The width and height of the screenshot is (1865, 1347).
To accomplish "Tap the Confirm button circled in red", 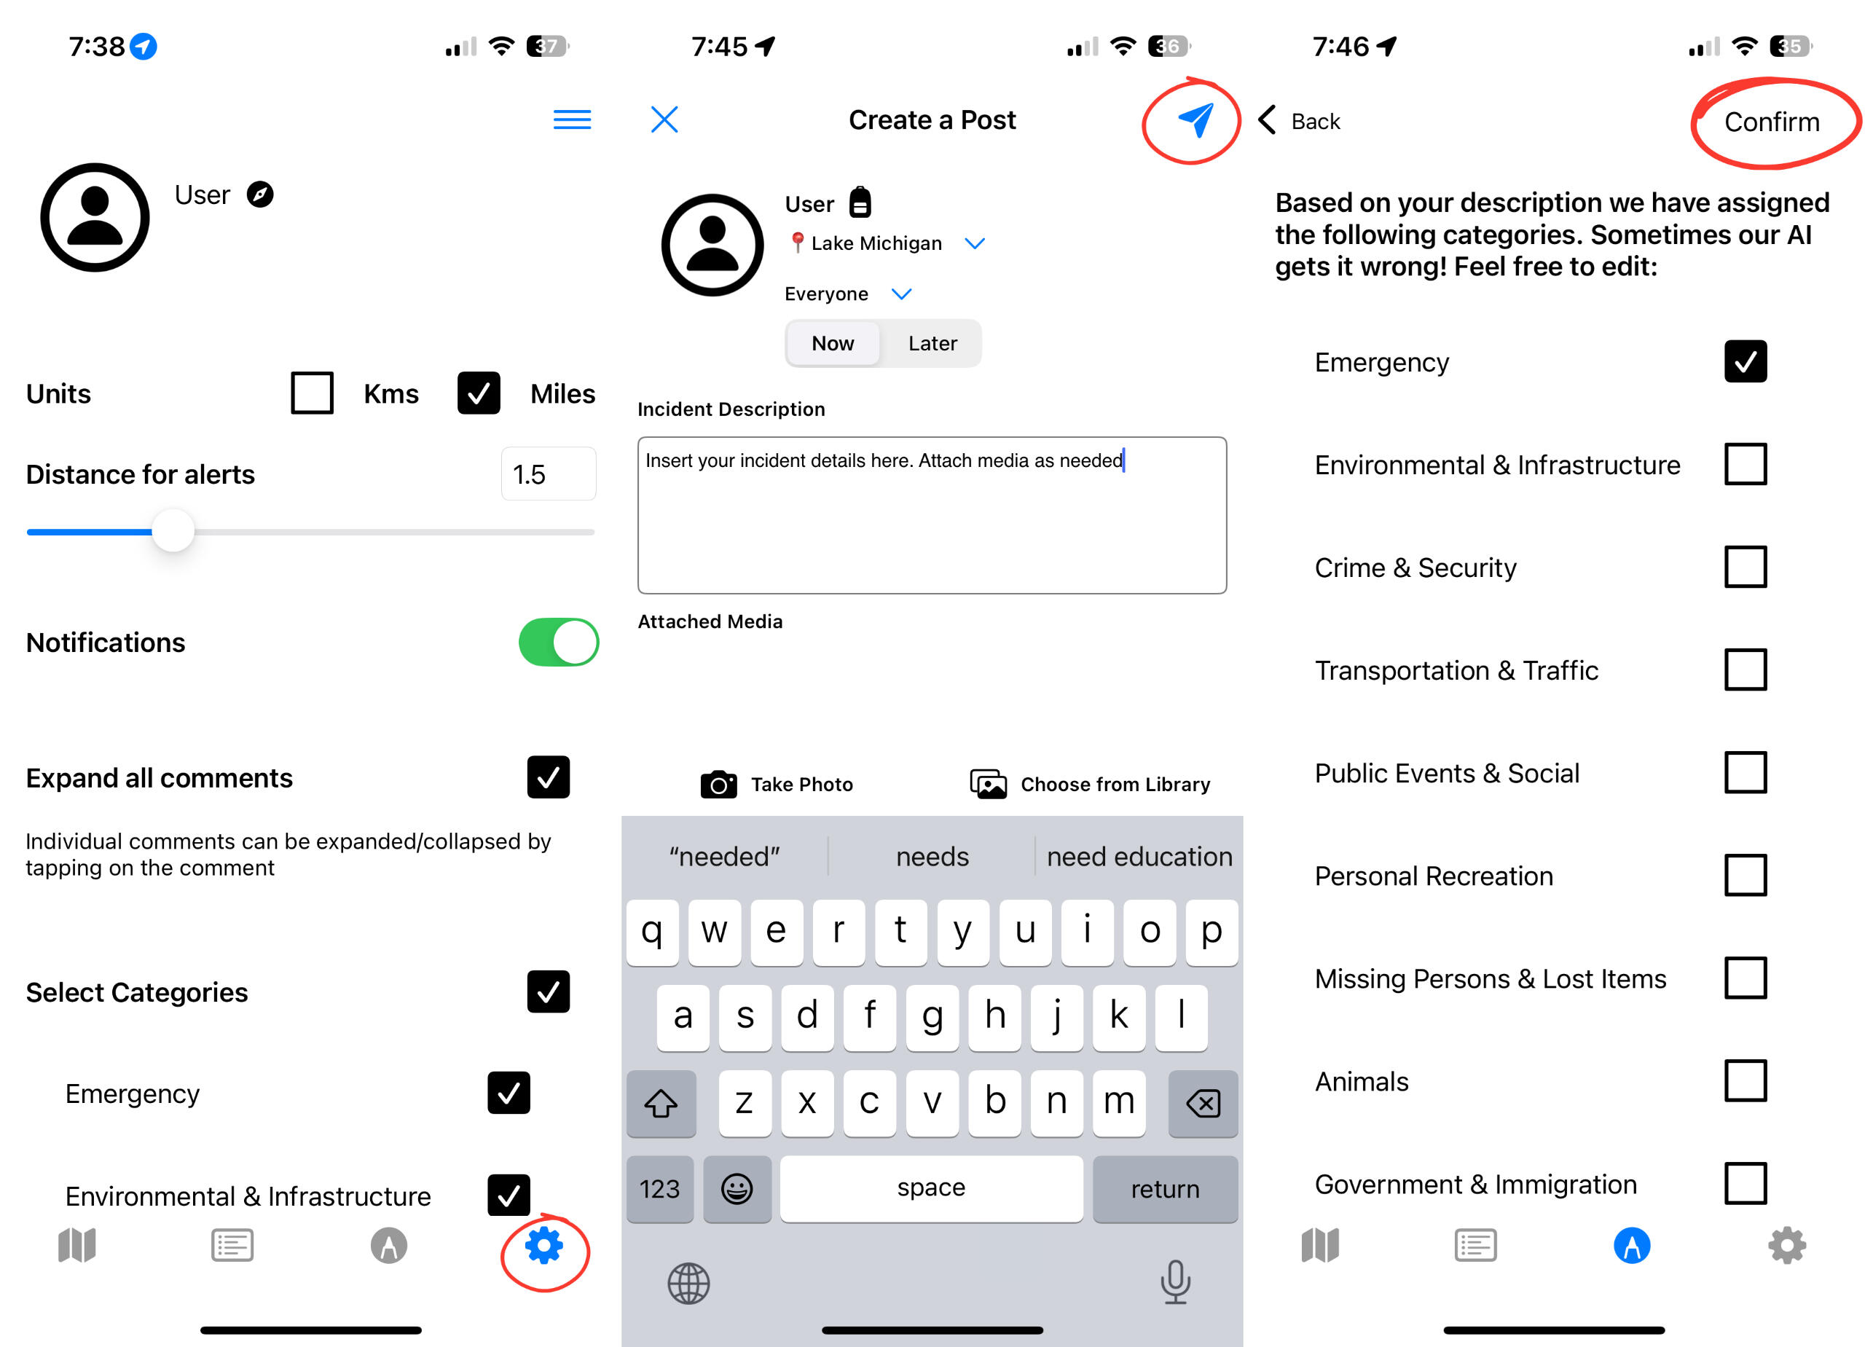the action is (1771, 122).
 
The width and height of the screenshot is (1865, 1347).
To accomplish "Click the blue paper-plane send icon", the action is (1195, 120).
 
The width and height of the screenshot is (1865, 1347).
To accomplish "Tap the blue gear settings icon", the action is (544, 1245).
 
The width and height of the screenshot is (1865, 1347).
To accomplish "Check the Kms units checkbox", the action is (313, 393).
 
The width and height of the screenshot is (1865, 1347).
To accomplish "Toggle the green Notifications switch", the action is (558, 643).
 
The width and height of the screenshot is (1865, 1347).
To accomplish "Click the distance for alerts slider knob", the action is (173, 531).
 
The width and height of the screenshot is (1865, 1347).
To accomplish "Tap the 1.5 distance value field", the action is (549, 474).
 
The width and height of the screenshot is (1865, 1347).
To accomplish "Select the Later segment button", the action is (932, 343).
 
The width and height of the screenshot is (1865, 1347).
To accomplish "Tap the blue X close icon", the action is (664, 119).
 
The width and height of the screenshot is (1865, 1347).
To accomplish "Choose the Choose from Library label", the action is (1115, 785).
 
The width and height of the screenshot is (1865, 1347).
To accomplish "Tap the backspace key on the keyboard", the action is (1203, 1103).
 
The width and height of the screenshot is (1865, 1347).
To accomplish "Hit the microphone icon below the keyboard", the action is (1176, 1281).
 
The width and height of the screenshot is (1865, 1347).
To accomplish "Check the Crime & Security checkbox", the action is (1745, 568).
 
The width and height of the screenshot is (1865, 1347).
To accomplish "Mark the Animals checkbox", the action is (1745, 1080).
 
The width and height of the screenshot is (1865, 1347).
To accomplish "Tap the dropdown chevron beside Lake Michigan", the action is (975, 243).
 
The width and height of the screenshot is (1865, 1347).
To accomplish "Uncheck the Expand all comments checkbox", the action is (549, 777).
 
